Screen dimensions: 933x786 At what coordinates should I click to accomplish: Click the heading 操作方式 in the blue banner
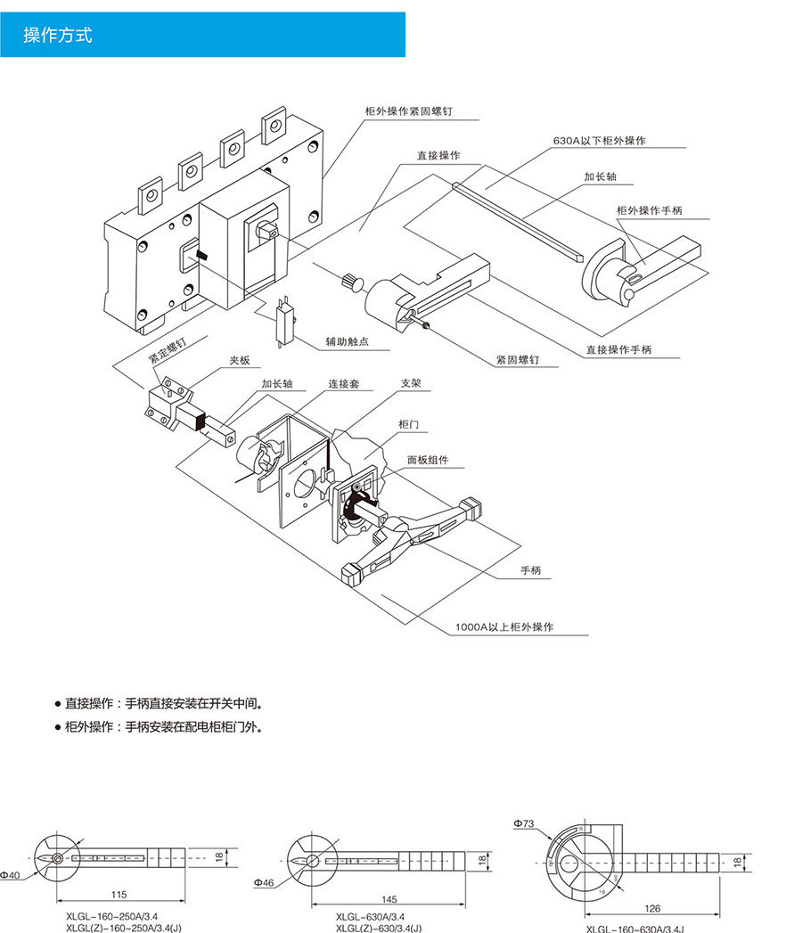click(x=57, y=36)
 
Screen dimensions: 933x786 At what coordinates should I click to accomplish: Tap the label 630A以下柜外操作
click(x=599, y=141)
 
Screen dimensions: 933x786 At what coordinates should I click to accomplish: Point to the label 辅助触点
click(x=347, y=341)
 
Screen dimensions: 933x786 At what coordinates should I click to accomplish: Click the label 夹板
click(x=240, y=360)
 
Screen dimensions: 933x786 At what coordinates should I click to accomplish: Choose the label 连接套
click(x=343, y=384)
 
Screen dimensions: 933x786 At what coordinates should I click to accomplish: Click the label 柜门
click(x=408, y=424)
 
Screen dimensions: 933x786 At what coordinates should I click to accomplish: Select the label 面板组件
click(x=428, y=461)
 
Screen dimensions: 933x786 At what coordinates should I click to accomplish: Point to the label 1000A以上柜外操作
click(x=504, y=627)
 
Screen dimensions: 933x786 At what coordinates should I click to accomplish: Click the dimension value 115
click(x=119, y=894)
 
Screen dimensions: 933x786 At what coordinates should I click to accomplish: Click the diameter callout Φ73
click(x=523, y=824)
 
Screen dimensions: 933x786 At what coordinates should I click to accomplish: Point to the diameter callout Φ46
click(x=263, y=883)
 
